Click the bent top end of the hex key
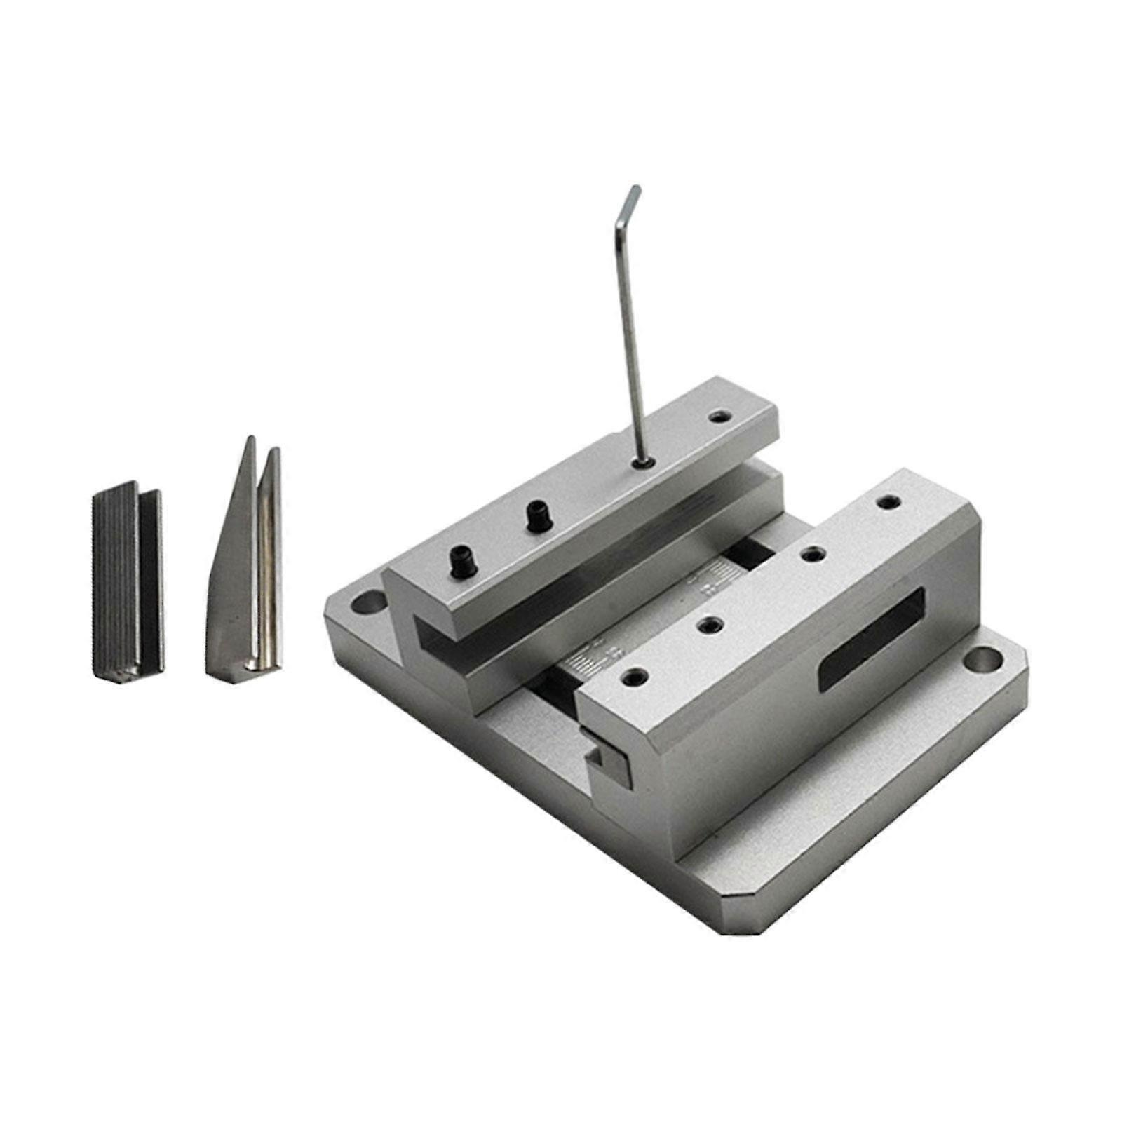(632, 200)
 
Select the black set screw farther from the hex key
(461, 562)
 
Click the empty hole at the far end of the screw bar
(716, 417)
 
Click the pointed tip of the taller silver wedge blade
(250, 442)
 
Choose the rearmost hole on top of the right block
(889, 502)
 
